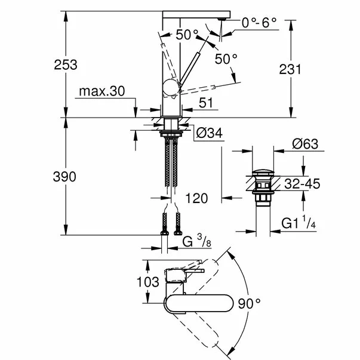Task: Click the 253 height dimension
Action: click(66, 65)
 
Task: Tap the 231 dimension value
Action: click(290, 69)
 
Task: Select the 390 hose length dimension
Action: click(64, 177)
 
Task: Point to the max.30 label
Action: click(102, 91)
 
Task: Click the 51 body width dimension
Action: click(206, 103)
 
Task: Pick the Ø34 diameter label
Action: click(210, 133)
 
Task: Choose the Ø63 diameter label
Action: click(305, 144)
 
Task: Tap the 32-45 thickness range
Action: click(302, 184)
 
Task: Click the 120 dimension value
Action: click(196, 198)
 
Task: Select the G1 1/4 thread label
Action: click(299, 223)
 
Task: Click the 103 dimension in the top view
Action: click(148, 282)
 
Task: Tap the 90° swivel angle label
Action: click(249, 303)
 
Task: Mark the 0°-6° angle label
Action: click(259, 23)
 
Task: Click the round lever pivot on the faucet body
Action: click(171, 88)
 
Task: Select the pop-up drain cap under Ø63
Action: click(263, 173)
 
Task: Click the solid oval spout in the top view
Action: click(199, 303)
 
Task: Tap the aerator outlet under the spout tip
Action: click(222, 19)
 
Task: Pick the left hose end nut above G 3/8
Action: click(164, 233)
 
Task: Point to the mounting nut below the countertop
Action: click(171, 133)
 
